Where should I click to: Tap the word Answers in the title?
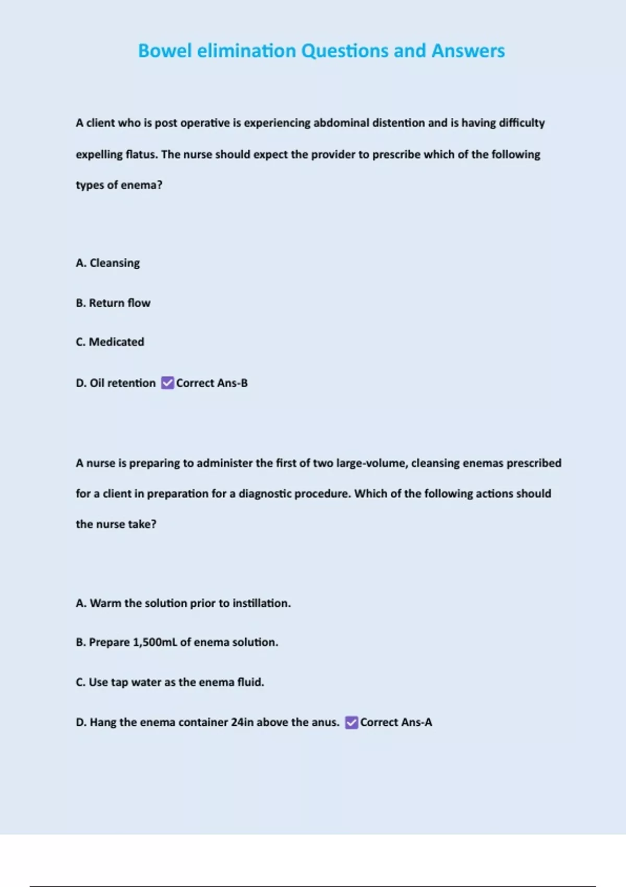468,51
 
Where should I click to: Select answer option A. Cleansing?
107,263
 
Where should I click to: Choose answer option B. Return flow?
113,303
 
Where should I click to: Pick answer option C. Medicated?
110,342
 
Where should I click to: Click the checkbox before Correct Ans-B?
167,383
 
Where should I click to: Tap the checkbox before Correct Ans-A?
352,723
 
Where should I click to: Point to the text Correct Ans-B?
212,383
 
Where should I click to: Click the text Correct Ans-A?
396,723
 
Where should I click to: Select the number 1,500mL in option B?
155,642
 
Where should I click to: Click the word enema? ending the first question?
141,185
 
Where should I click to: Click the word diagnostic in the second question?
266,494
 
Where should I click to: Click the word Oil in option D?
97,383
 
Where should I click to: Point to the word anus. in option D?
325,723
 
